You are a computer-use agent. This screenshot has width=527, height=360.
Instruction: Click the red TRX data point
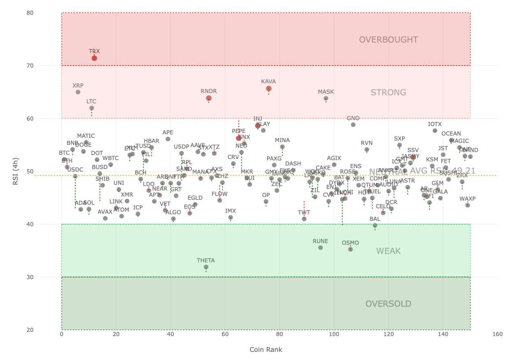(x=94, y=58)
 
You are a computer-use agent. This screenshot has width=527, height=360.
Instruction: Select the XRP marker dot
(x=78, y=92)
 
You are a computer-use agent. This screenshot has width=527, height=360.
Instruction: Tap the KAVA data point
(x=269, y=88)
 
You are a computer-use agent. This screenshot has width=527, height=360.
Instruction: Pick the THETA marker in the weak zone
(x=206, y=267)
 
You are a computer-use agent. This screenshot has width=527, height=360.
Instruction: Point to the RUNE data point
(x=320, y=247)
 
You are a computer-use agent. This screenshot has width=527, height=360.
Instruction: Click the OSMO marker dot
(x=350, y=249)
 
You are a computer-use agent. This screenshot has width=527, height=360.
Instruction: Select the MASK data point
(x=326, y=98)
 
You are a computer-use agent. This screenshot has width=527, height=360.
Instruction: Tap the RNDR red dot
(x=209, y=98)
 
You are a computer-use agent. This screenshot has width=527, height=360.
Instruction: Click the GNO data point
(x=353, y=125)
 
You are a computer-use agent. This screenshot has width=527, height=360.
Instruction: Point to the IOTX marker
(x=435, y=130)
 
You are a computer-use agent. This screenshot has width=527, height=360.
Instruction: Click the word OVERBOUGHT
(x=388, y=39)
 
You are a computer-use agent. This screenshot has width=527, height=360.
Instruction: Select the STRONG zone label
(x=388, y=92)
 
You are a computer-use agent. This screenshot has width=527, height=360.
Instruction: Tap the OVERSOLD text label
(x=388, y=304)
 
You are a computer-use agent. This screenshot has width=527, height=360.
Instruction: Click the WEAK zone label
(x=388, y=251)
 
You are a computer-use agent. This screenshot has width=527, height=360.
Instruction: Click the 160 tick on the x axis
(x=497, y=334)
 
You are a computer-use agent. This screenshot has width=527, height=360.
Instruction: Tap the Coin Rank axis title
(x=266, y=350)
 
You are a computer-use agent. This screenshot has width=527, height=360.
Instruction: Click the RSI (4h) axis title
(x=15, y=171)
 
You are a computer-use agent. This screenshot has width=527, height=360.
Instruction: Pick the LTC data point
(x=91, y=108)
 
